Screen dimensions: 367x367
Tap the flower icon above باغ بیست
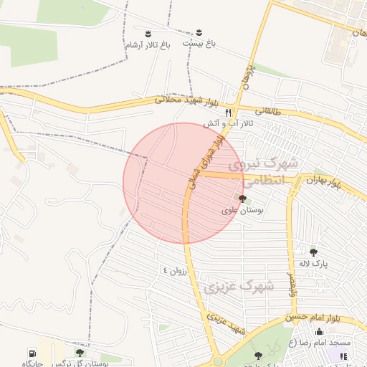(199, 32)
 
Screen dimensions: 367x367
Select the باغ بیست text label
(199, 44)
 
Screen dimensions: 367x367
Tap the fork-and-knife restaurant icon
(229, 113)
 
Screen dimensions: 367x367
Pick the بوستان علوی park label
(242, 211)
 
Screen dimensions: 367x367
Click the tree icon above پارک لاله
(313, 252)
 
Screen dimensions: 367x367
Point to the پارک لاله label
(313, 263)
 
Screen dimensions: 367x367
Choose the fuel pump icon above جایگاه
(32, 353)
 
